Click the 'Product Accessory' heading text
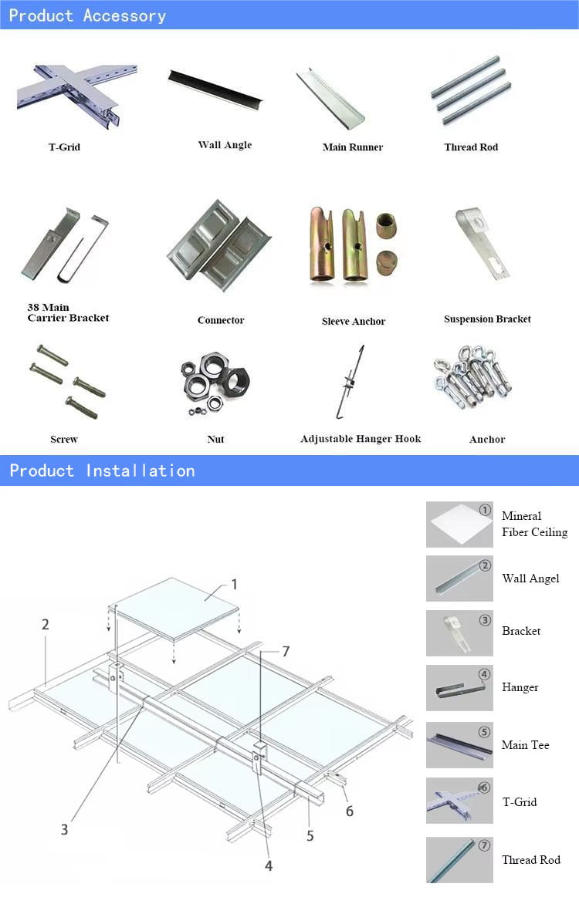pos(87,15)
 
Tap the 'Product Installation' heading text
pos(102,471)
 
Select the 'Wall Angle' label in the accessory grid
pos(225,145)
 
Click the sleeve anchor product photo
pos(354,246)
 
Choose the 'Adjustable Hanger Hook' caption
pos(361,439)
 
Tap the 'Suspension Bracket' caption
pos(487,319)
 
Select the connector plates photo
pos(218,245)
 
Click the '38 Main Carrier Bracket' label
pos(68,312)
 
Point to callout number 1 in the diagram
pos(235,585)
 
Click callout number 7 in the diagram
pos(286,652)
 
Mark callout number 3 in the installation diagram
pos(65,830)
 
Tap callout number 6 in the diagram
pos(350,811)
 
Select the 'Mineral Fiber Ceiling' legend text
pos(534,524)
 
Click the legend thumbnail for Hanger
pos(459,687)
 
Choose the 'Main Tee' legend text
pos(525,745)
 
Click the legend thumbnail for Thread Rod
pos(459,860)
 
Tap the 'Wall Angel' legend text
pos(530,578)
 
